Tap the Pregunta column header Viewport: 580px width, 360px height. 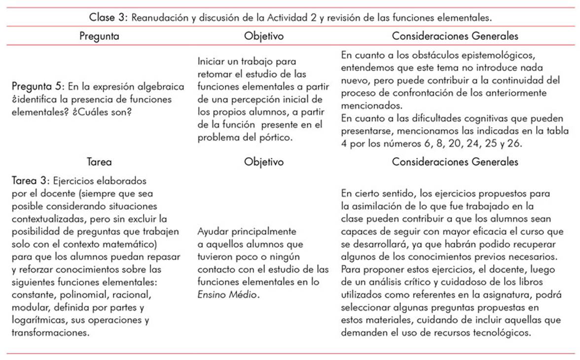[x=99, y=36]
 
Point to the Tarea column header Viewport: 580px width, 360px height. [x=99, y=161]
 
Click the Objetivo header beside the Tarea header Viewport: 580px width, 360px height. [x=264, y=161]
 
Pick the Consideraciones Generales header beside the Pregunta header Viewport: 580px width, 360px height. [x=455, y=36]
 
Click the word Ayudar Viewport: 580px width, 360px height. [x=212, y=231]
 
